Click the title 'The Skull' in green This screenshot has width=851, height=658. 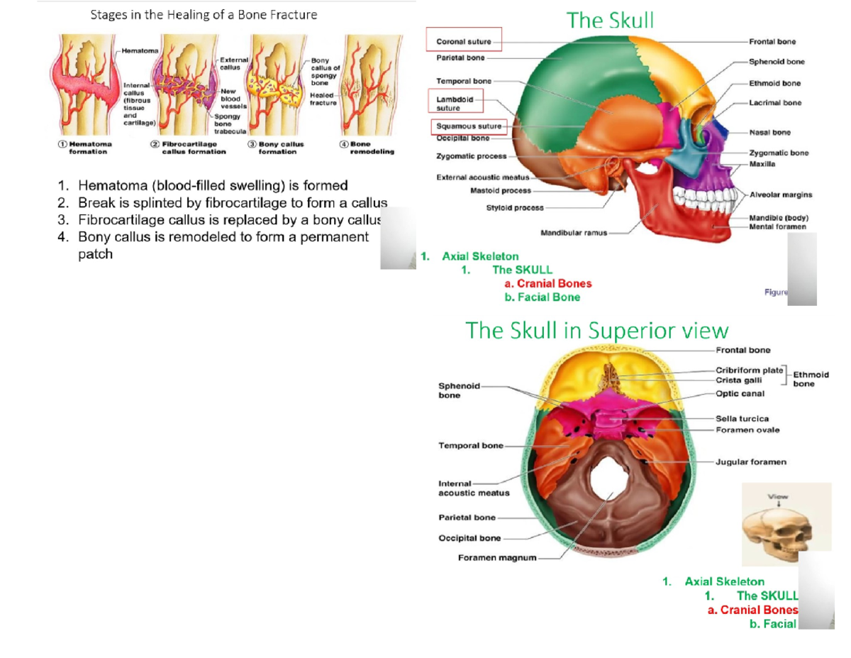[610, 21]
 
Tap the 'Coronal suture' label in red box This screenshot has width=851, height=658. [464, 42]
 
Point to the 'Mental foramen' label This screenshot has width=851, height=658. [777, 226]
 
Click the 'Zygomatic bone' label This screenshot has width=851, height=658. [778, 153]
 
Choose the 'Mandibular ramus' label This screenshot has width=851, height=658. [573, 232]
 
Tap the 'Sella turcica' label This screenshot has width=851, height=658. [742, 419]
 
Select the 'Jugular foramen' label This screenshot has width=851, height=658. [751, 461]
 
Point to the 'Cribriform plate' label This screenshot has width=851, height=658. [749, 370]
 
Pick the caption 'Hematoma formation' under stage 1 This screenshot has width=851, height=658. [87, 148]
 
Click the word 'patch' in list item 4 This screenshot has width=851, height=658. [95, 253]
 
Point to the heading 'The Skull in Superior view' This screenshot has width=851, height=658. [596, 330]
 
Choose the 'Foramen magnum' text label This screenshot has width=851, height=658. [496, 557]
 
